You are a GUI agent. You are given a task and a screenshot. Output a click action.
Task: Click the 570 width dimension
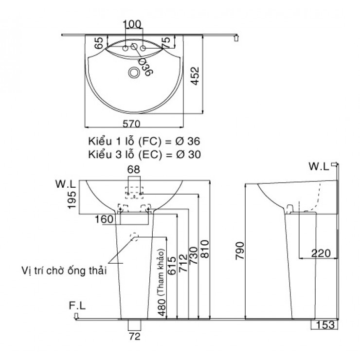click(x=131, y=124)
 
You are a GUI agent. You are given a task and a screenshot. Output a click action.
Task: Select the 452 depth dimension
click(x=195, y=76)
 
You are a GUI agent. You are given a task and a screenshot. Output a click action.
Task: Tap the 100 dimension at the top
click(x=132, y=24)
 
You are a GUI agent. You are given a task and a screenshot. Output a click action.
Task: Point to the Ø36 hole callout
click(x=146, y=67)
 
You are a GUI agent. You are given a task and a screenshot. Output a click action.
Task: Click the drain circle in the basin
click(x=134, y=72)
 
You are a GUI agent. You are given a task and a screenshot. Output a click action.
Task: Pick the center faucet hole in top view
click(x=134, y=46)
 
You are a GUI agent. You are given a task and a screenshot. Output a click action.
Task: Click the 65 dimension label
click(x=99, y=43)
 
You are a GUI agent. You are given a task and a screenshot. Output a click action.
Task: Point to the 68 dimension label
click(x=134, y=170)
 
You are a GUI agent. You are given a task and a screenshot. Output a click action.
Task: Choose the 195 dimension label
click(x=72, y=200)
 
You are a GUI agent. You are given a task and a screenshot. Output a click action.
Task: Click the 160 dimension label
click(x=104, y=219)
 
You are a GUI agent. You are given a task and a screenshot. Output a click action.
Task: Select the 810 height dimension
click(x=204, y=249)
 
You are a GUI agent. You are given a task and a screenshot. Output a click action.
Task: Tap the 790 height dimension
click(x=240, y=251)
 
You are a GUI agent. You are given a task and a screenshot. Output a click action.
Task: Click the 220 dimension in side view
click(x=321, y=253)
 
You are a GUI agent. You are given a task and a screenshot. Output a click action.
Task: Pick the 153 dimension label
click(x=325, y=324)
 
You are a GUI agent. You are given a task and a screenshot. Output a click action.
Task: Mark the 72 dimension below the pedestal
click(x=135, y=336)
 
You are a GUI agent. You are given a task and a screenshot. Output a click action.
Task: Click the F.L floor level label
click(x=77, y=306)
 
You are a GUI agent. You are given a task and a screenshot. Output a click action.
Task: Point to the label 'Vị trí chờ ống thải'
click(x=64, y=270)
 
